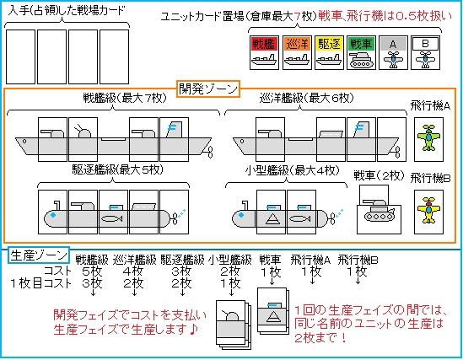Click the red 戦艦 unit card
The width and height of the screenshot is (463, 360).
[264, 50]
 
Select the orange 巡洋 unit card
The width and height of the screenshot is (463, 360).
[298, 50]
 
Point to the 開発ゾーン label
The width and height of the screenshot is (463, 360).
[208, 87]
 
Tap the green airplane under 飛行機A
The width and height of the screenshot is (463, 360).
[430, 136]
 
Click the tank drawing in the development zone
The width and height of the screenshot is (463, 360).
[370, 212]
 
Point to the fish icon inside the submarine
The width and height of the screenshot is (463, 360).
[111, 216]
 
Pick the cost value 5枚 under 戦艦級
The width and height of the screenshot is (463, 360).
[91, 271]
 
